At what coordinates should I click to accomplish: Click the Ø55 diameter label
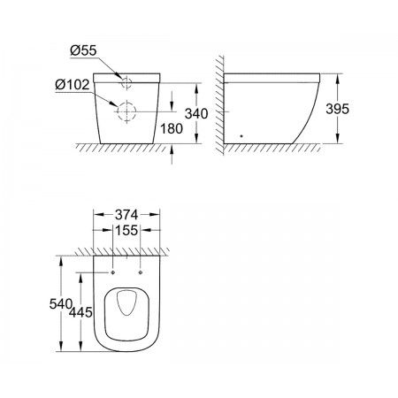tap(83, 50)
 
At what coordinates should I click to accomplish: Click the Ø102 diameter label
tap(73, 85)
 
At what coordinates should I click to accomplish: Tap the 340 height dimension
tap(196, 113)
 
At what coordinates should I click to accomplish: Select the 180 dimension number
tap(172, 128)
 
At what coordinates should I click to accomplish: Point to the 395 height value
tap(337, 109)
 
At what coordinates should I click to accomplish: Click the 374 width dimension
tap(126, 215)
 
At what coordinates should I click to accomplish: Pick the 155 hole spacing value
tap(126, 230)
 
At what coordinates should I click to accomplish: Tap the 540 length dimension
tap(61, 303)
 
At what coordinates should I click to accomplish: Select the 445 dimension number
tap(80, 312)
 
